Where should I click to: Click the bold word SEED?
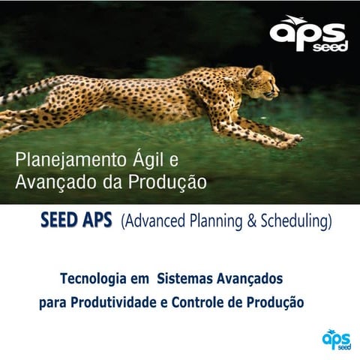click(x=61, y=221)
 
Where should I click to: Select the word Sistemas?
click(x=184, y=279)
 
